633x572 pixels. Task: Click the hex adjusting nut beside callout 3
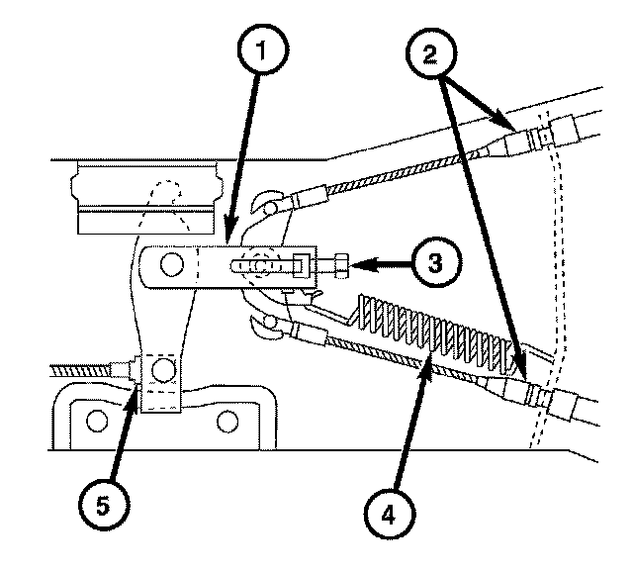(x=336, y=265)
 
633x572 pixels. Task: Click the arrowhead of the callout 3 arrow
(x=354, y=265)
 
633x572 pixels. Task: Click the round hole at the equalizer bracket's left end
(x=171, y=264)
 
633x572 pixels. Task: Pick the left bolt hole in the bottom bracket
(x=96, y=420)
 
